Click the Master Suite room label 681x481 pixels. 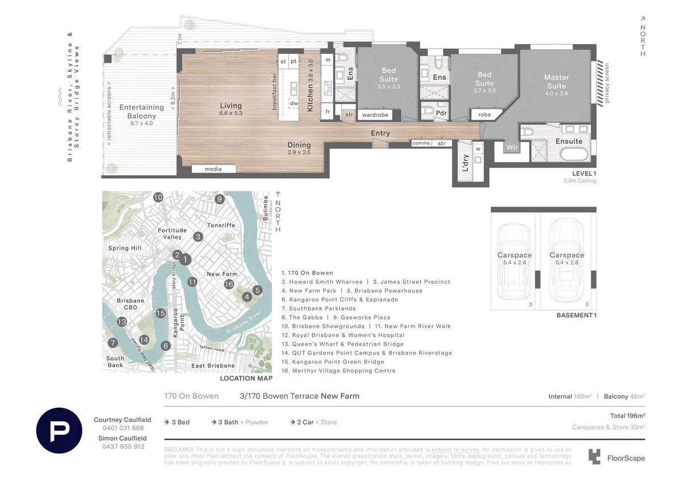[x=556, y=81]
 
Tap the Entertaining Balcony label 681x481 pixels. [x=141, y=111]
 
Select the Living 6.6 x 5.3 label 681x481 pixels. [x=231, y=109]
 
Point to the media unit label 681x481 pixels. [x=213, y=169]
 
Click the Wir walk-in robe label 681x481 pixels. [x=512, y=147]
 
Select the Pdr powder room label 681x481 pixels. [x=442, y=113]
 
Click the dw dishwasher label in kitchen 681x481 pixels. [x=293, y=103]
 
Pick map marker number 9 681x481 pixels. [x=220, y=199]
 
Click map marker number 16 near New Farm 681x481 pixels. [x=229, y=284]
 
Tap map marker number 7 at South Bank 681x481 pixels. [x=113, y=343]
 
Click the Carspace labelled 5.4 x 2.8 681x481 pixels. [x=566, y=259]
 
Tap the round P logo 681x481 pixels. [x=59, y=431]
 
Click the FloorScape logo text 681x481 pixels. [x=626, y=458]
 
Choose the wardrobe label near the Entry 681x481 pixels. [x=375, y=115]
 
